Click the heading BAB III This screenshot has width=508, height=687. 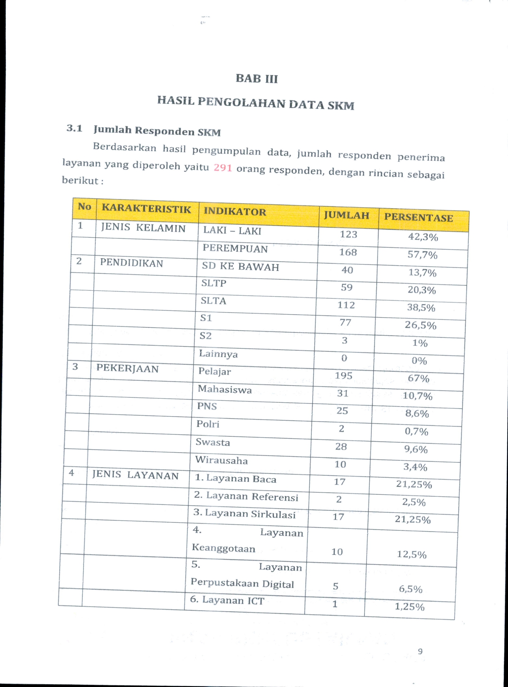[257, 78]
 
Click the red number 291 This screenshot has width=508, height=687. [223, 167]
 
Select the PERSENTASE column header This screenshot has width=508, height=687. [418, 217]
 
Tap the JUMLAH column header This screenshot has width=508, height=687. [347, 215]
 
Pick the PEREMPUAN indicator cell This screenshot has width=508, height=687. [235, 248]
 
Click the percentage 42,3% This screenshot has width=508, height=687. [423, 237]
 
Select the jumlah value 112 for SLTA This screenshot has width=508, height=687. [346, 305]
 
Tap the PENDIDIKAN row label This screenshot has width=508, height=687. [131, 263]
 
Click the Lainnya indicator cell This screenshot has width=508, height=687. [218, 354]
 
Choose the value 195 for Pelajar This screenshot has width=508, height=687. [343, 376]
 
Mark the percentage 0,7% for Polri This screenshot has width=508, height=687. [416, 432]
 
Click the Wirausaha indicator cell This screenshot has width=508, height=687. [221, 460]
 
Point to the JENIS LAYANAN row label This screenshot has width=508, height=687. [135, 475]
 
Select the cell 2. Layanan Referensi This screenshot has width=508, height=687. [246, 496]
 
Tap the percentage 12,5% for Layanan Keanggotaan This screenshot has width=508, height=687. [412, 554]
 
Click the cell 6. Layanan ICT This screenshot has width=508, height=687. [227, 600]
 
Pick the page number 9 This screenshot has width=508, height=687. [420, 651]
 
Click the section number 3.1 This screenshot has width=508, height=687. [75, 129]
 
